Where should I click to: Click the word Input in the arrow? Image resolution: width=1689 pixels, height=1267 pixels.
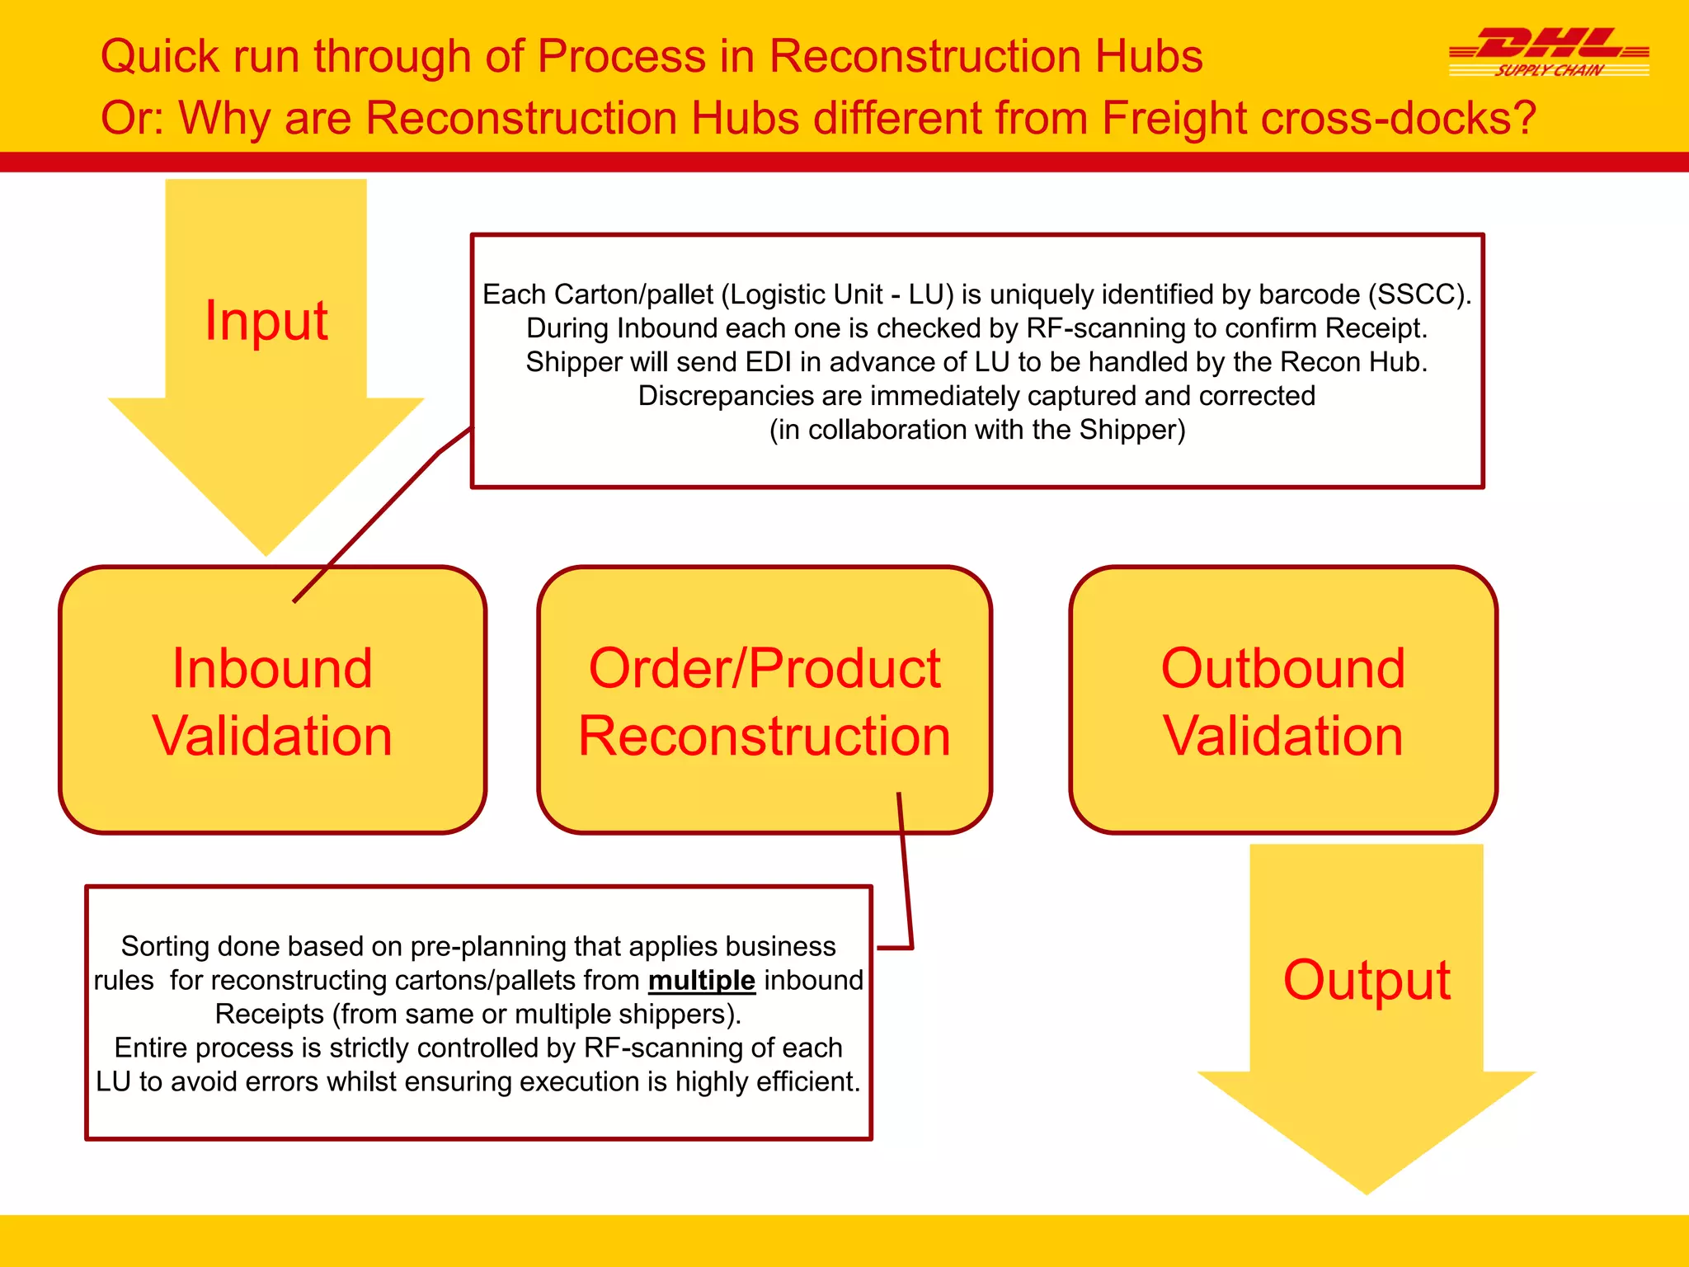(x=266, y=320)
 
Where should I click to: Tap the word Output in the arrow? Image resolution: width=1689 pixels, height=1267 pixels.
(x=1367, y=980)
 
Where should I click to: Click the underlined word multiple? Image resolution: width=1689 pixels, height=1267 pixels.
(x=701, y=980)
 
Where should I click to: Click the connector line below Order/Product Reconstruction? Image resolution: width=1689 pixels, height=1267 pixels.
(x=905, y=874)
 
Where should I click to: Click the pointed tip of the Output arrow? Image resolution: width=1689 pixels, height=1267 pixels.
(x=1367, y=1189)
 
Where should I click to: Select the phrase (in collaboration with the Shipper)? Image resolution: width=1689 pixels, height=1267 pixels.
(x=977, y=430)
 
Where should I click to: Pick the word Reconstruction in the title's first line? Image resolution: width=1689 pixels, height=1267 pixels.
(x=925, y=57)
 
